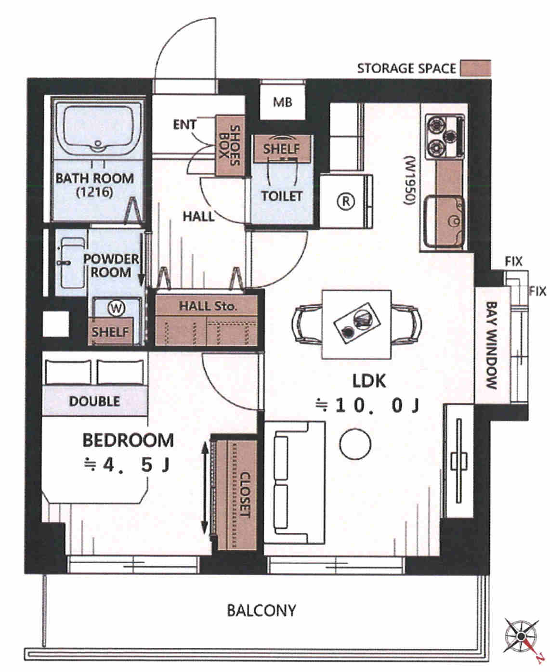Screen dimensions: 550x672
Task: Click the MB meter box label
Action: point(283,102)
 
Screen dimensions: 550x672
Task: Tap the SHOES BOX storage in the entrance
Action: point(230,145)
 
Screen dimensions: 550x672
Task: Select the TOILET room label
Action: point(282,196)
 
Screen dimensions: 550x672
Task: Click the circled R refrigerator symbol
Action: point(346,201)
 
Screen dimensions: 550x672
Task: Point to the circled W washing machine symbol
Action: point(116,308)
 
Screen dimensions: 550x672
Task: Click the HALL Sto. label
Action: point(208,306)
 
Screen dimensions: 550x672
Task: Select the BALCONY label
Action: point(262,610)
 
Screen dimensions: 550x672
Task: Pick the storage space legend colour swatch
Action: point(475,68)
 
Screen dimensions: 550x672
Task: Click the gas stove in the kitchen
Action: point(445,137)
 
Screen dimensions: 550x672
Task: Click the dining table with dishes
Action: point(357,324)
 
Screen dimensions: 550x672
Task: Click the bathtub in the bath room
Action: point(98,129)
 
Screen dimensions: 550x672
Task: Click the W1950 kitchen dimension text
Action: point(409,180)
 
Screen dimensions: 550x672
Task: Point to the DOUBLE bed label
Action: point(95,401)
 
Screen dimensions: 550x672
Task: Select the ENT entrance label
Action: point(185,125)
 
